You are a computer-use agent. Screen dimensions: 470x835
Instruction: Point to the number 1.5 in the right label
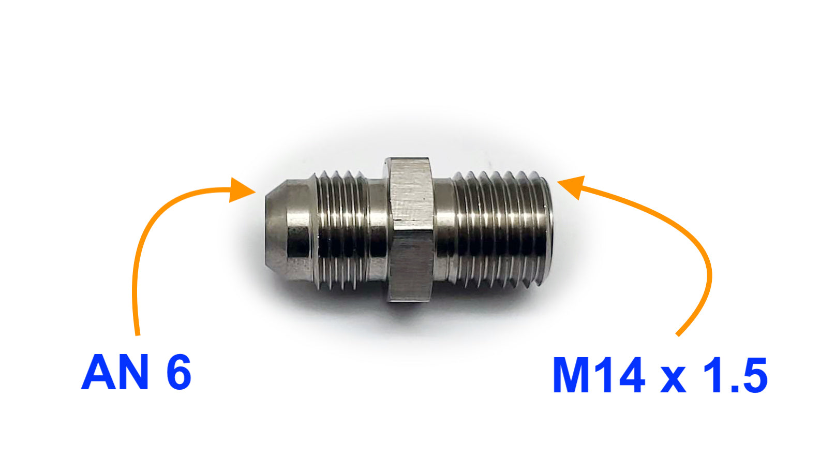click(x=734, y=375)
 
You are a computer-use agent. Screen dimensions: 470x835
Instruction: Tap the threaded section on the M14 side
click(x=497, y=230)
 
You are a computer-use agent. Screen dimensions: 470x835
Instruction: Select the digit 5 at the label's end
click(x=753, y=375)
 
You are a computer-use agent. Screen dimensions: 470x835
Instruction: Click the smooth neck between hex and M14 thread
click(x=442, y=230)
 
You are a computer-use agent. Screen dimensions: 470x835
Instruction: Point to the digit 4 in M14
click(x=628, y=375)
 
